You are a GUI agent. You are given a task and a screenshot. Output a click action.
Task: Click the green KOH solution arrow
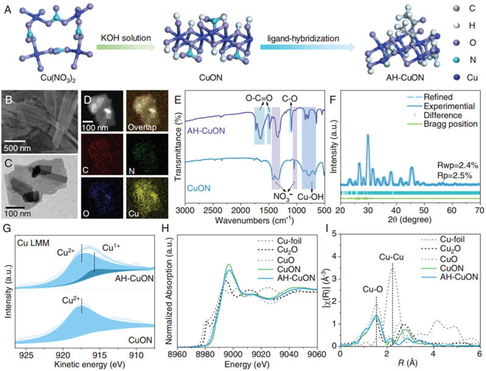pyautogui.click(x=126, y=47)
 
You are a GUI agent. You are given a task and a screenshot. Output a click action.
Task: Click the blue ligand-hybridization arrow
pyautogui.click(x=307, y=47)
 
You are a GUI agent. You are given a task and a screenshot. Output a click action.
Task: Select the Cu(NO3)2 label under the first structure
pyautogui.click(x=58, y=78)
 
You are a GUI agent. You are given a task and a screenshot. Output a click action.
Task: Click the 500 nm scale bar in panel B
pyautogui.click(x=15, y=141)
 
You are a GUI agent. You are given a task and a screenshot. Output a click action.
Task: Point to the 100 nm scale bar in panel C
pyautogui.click(x=15, y=207)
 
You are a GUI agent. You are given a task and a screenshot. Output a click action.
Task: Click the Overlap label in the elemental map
pyautogui.click(x=142, y=127)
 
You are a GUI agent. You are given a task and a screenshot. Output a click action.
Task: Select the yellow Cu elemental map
pyautogui.click(x=147, y=198)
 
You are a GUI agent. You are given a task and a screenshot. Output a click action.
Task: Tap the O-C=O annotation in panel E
pyautogui.click(x=259, y=99)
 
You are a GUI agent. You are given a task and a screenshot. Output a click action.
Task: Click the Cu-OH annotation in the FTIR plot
pyautogui.click(x=311, y=197)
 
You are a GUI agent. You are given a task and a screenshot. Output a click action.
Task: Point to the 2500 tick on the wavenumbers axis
pyautogui.click(x=213, y=210)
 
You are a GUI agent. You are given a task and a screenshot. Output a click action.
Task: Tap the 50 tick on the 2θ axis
pyautogui.click(x=424, y=210)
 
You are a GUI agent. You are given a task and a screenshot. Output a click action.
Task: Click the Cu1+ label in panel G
pyautogui.click(x=111, y=247)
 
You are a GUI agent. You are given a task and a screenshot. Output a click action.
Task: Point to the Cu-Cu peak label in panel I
pyautogui.click(x=392, y=257)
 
